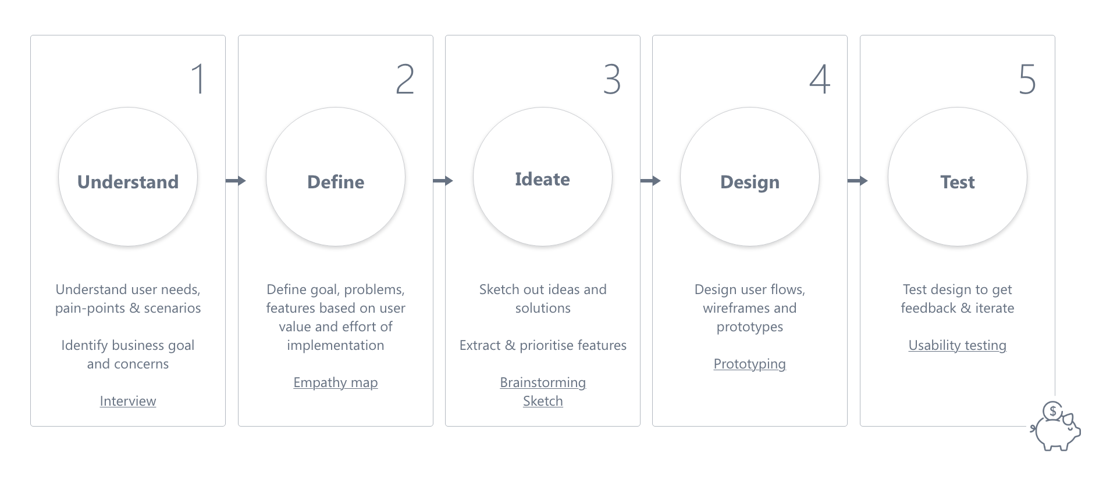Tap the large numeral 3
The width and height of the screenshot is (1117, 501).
click(x=612, y=79)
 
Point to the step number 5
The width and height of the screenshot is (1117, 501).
click(x=1027, y=79)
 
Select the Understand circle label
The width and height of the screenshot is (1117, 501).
click(x=128, y=182)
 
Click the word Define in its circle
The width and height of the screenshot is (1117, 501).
click(x=336, y=182)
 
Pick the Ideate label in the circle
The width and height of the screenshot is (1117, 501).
click(x=542, y=179)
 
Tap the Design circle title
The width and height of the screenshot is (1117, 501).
click(x=750, y=182)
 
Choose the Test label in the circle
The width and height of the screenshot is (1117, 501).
click(x=958, y=182)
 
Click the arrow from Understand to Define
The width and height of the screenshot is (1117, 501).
click(x=236, y=181)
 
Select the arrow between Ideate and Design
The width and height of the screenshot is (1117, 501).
click(x=650, y=181)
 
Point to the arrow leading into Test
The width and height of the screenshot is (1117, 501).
click(x=858, y=181)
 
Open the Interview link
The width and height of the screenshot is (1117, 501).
click(x=128, y=401)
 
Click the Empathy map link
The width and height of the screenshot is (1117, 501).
click(x=336, y=382)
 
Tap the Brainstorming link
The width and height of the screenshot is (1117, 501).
click(x=543, y=382)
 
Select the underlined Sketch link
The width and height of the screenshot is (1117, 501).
click(x=543, y=401)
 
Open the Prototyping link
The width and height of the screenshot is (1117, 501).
click(x=750, y=364)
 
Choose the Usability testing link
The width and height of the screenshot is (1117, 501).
click(x=958, y=345)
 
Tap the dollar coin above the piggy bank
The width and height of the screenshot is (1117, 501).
click(x=1052, y=411)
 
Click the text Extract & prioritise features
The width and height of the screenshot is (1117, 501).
click(x=543, y=345)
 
